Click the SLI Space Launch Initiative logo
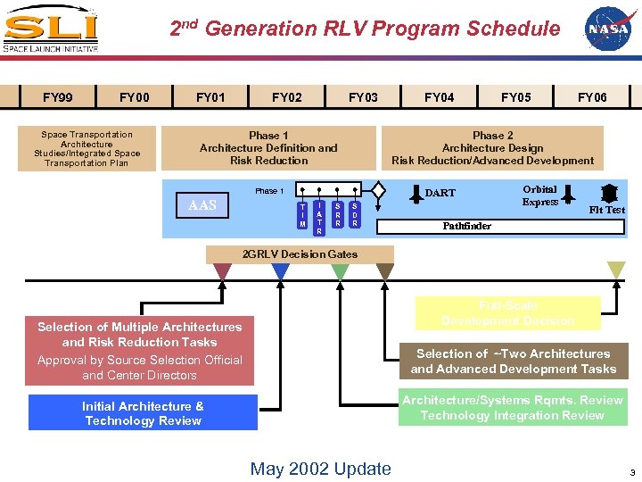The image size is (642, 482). click(50, 29)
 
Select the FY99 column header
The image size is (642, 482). click(58, 97)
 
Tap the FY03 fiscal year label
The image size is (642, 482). click(363, 97)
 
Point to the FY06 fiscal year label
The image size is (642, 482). click(592, 97)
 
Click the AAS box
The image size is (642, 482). click(202, 206)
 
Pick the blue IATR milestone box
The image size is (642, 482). click(319, 216)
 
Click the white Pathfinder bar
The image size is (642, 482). click(499, 227)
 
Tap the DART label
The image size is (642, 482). click(440, 193)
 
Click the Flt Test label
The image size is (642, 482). click(607, 211)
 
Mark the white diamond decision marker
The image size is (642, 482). click(378, 190)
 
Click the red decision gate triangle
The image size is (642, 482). click(222, 271)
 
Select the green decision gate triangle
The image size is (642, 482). click(340, 271)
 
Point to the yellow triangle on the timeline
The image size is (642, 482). click(615, 270)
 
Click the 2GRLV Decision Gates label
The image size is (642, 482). click(300, 254)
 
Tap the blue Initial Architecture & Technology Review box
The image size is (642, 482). click(143, 412)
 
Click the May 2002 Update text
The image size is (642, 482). click(320, 469)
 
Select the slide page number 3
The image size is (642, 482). click(631, 472)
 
